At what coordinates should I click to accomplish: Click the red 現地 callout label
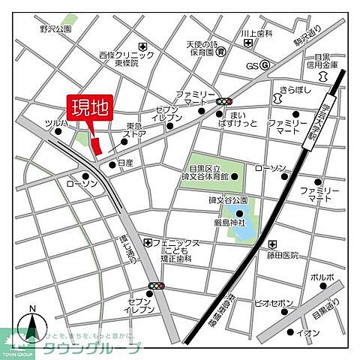tap(88, 108)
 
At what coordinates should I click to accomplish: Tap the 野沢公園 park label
tap(55, 28)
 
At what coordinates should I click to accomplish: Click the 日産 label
tap(126, 163)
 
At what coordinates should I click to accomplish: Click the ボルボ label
tap(322, 276)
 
